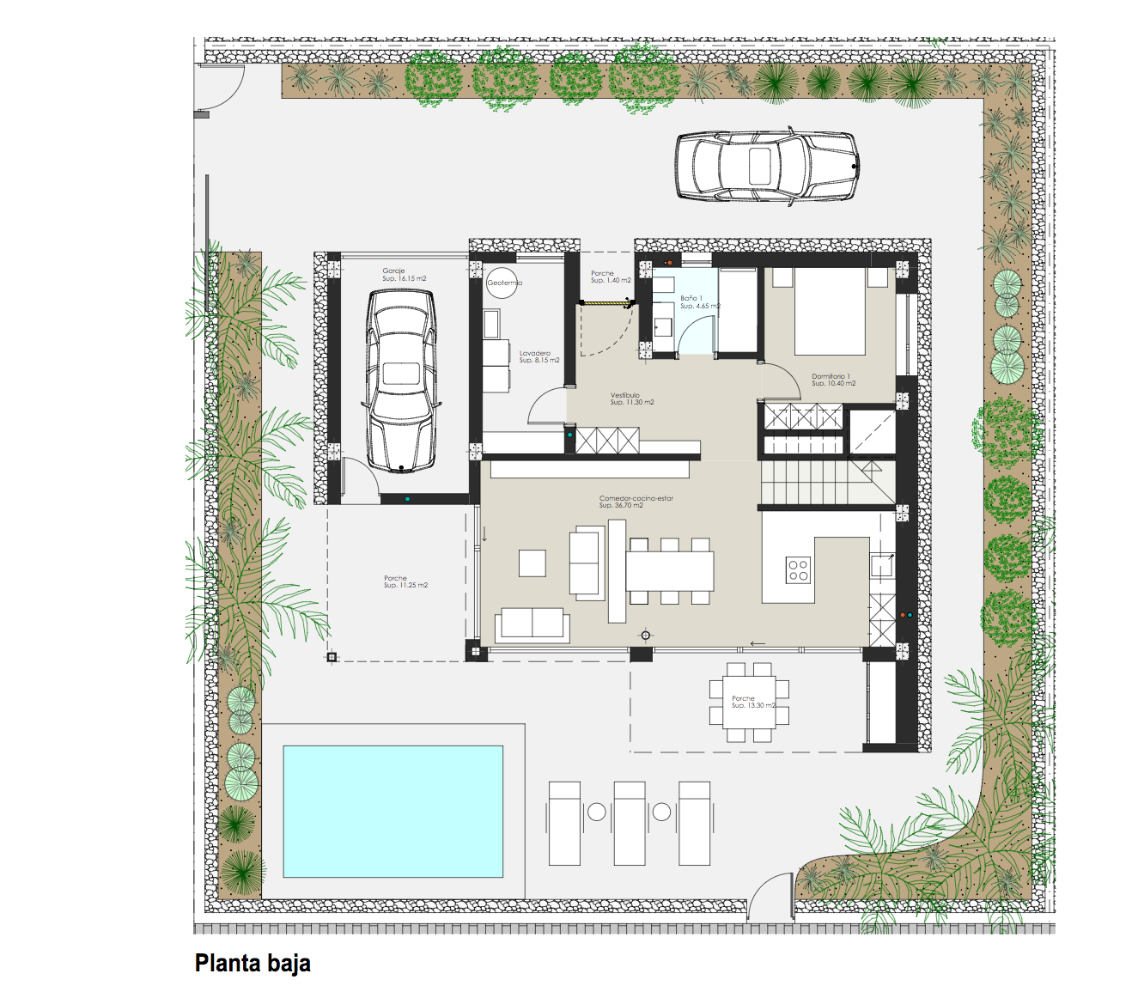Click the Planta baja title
[x=253, y=963]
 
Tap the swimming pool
[x=392, y=811]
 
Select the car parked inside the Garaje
[x=401, y=380]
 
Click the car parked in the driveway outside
[x=766, y=166]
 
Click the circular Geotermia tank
[x=502, y=283]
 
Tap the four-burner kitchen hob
[x=798, y=570]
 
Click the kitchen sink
[x=882, y=566]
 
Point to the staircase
[x=825, y=483]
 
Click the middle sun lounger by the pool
[x=629, y=823]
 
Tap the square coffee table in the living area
[x=532, y=563]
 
